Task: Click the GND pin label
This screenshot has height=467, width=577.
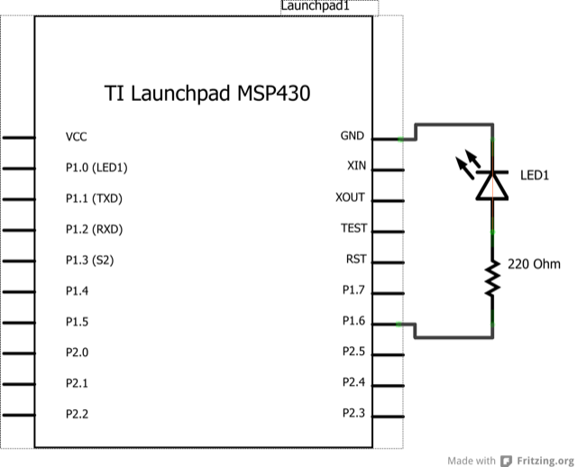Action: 352,136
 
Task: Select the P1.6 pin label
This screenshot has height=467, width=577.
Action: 353,321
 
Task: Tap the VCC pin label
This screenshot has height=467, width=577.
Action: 77,137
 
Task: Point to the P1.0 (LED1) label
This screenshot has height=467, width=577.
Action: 96,168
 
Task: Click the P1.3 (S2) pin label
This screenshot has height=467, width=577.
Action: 90,261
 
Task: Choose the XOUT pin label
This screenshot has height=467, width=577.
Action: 350,197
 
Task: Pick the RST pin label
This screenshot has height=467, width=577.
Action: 355,260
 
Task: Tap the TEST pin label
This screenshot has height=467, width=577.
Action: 353,229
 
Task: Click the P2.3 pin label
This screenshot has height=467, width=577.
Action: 353,413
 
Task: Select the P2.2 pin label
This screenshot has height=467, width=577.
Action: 78,415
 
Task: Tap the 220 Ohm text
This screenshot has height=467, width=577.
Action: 535,265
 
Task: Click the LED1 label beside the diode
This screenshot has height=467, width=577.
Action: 535,175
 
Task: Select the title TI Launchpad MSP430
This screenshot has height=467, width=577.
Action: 207,94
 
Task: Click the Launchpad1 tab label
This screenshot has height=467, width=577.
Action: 316,6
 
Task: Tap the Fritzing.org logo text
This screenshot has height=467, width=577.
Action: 545,458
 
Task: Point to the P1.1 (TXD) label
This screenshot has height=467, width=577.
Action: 94,198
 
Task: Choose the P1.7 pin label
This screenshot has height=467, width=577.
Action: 353,290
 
